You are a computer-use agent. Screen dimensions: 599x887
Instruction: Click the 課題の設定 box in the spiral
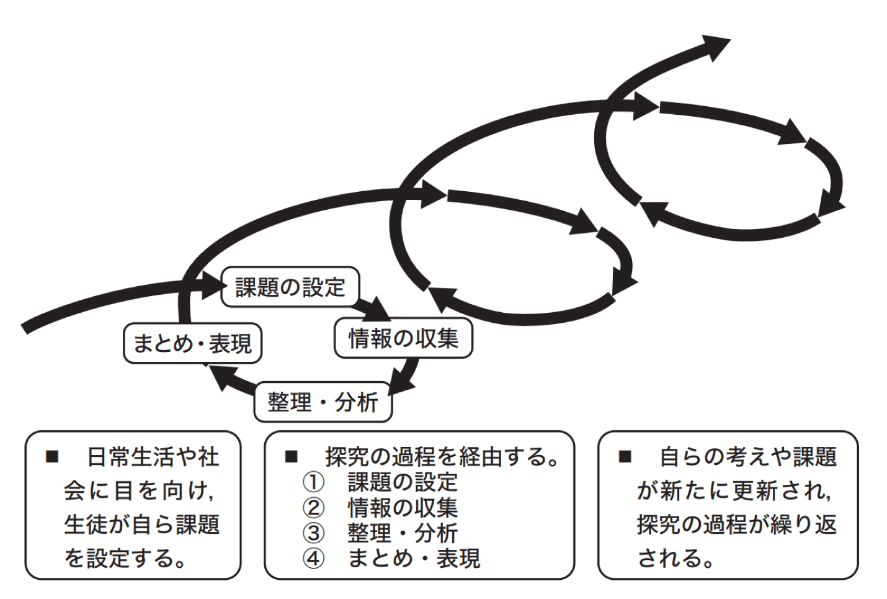coord(290,287)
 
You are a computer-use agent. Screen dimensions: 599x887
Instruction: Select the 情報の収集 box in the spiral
coord(403,338)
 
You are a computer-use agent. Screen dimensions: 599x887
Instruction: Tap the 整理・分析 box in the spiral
coord(323,402)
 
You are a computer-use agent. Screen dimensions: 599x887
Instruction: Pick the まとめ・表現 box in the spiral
coord(192,343)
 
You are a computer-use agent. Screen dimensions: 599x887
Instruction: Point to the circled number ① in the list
coord(313,482)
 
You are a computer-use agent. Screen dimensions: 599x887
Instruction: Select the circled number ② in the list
coord(313,508)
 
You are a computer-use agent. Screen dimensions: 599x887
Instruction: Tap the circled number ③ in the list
coord(313,533)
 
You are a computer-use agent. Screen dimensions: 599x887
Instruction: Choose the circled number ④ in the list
coord(313,559)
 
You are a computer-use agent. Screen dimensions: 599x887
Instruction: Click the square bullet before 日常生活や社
coord(52,457)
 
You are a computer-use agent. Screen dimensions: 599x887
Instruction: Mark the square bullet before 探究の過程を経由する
coord(292,457)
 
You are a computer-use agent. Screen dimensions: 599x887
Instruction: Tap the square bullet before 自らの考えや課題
coord(625,457)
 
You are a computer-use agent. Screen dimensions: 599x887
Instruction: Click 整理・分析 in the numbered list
coord(402,533)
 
